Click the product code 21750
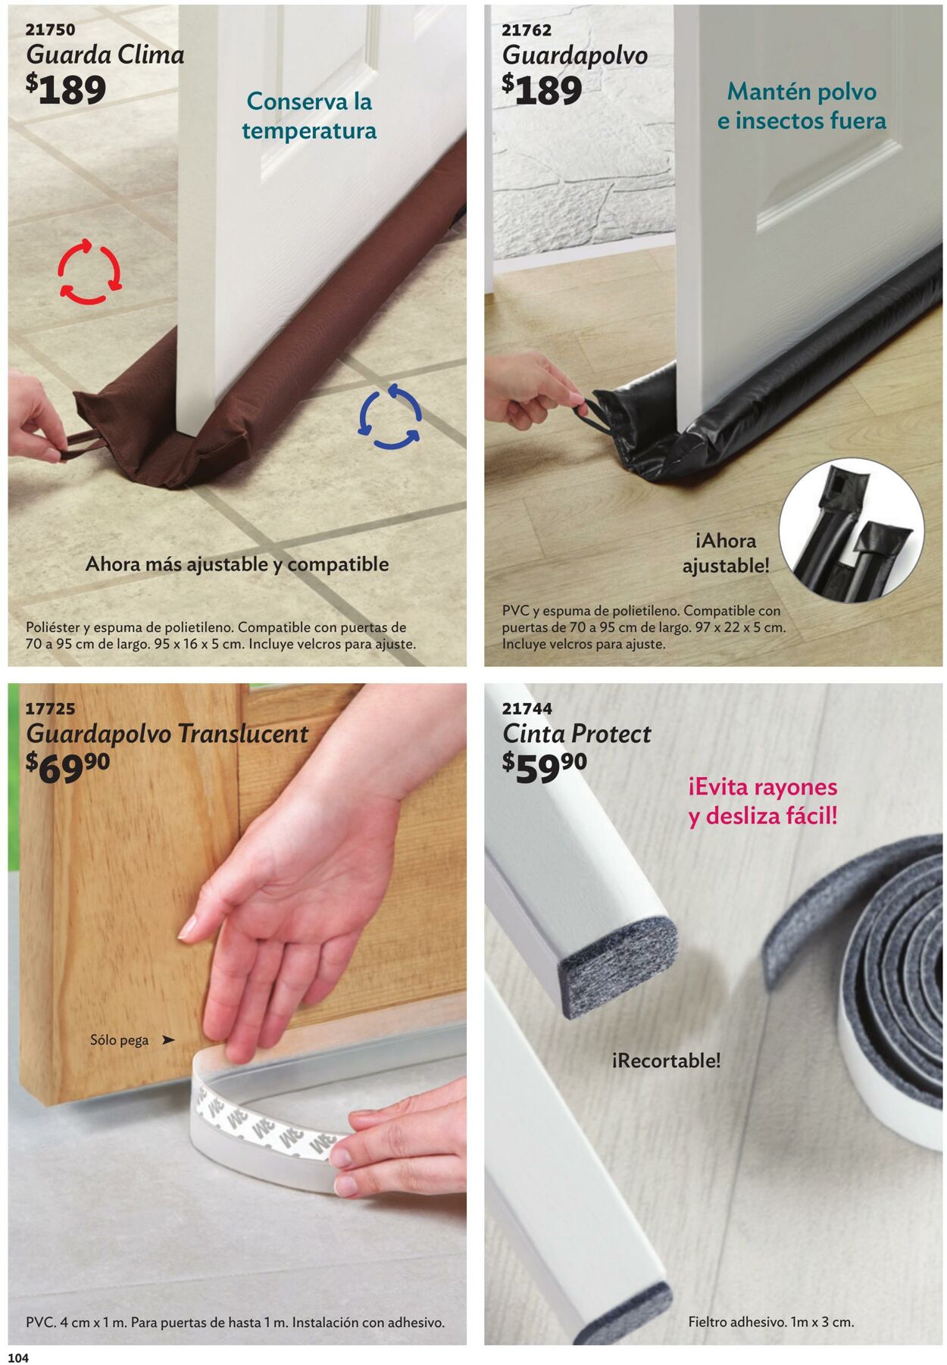(51, 30)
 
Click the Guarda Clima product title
(105, 55)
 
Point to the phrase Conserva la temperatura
(309, 115)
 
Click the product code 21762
(527, 30)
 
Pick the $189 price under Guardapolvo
(542, 89)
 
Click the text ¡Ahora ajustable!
(725, 553)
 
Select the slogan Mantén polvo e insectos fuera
(802, 106)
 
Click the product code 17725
(51, 709)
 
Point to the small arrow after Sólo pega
(168, 1040)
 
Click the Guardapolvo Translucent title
(167, 734)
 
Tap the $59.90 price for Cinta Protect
(544, 767)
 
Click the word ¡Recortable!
(666, 1060)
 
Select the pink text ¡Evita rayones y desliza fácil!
(763, 801)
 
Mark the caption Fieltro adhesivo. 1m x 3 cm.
(771, 1322)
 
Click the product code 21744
(527, 709)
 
